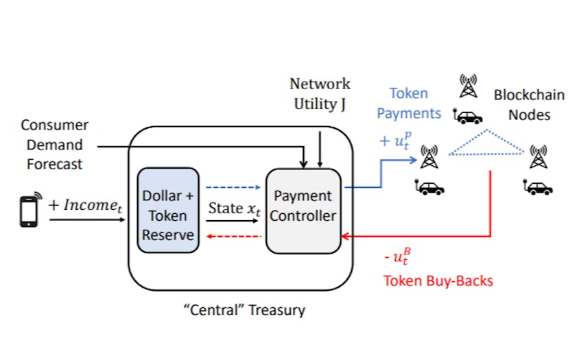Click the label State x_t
[235, 208]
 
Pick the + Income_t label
[84, 205]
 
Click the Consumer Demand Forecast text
[54, 145]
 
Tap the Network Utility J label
[319, 93]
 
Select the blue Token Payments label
[409, 103]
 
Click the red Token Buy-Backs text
[438, 280]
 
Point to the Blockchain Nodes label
[528, 104]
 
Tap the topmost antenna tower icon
[469, 87]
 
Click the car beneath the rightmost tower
[539, 187]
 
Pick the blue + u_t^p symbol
[396, 142]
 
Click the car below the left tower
[431, 186]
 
